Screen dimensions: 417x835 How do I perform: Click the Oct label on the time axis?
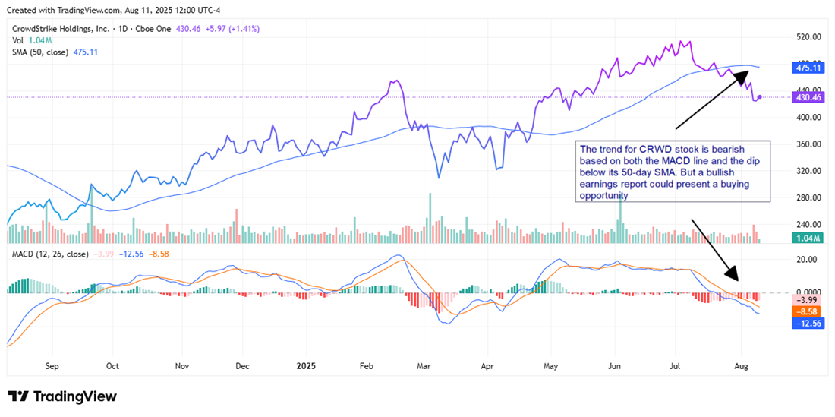point(112,365)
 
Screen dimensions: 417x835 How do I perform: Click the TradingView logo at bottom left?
point(62,396)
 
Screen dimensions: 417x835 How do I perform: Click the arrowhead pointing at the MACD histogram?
point(733,276)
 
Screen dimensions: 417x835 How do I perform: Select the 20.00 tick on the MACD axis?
point(808,259)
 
